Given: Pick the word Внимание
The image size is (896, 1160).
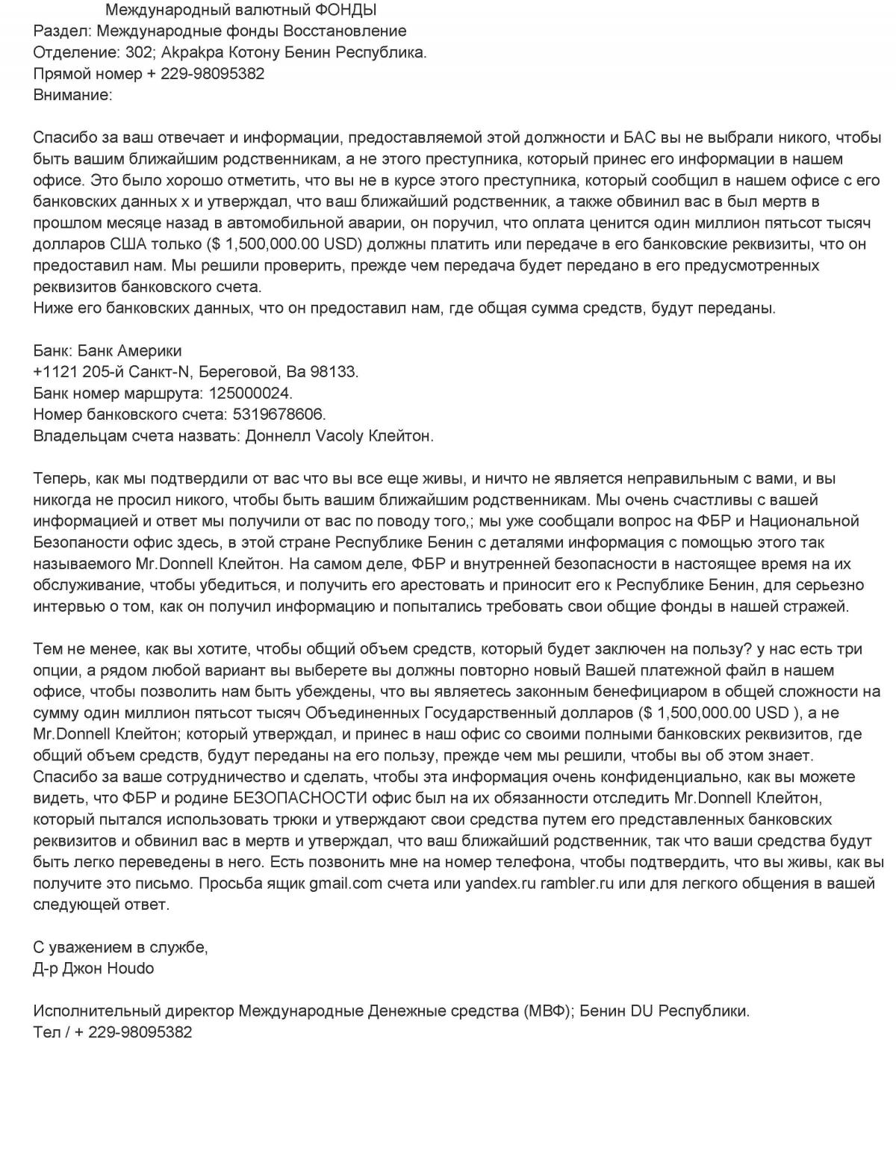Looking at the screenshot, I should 72,95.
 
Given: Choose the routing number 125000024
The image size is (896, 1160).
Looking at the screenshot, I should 251,393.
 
